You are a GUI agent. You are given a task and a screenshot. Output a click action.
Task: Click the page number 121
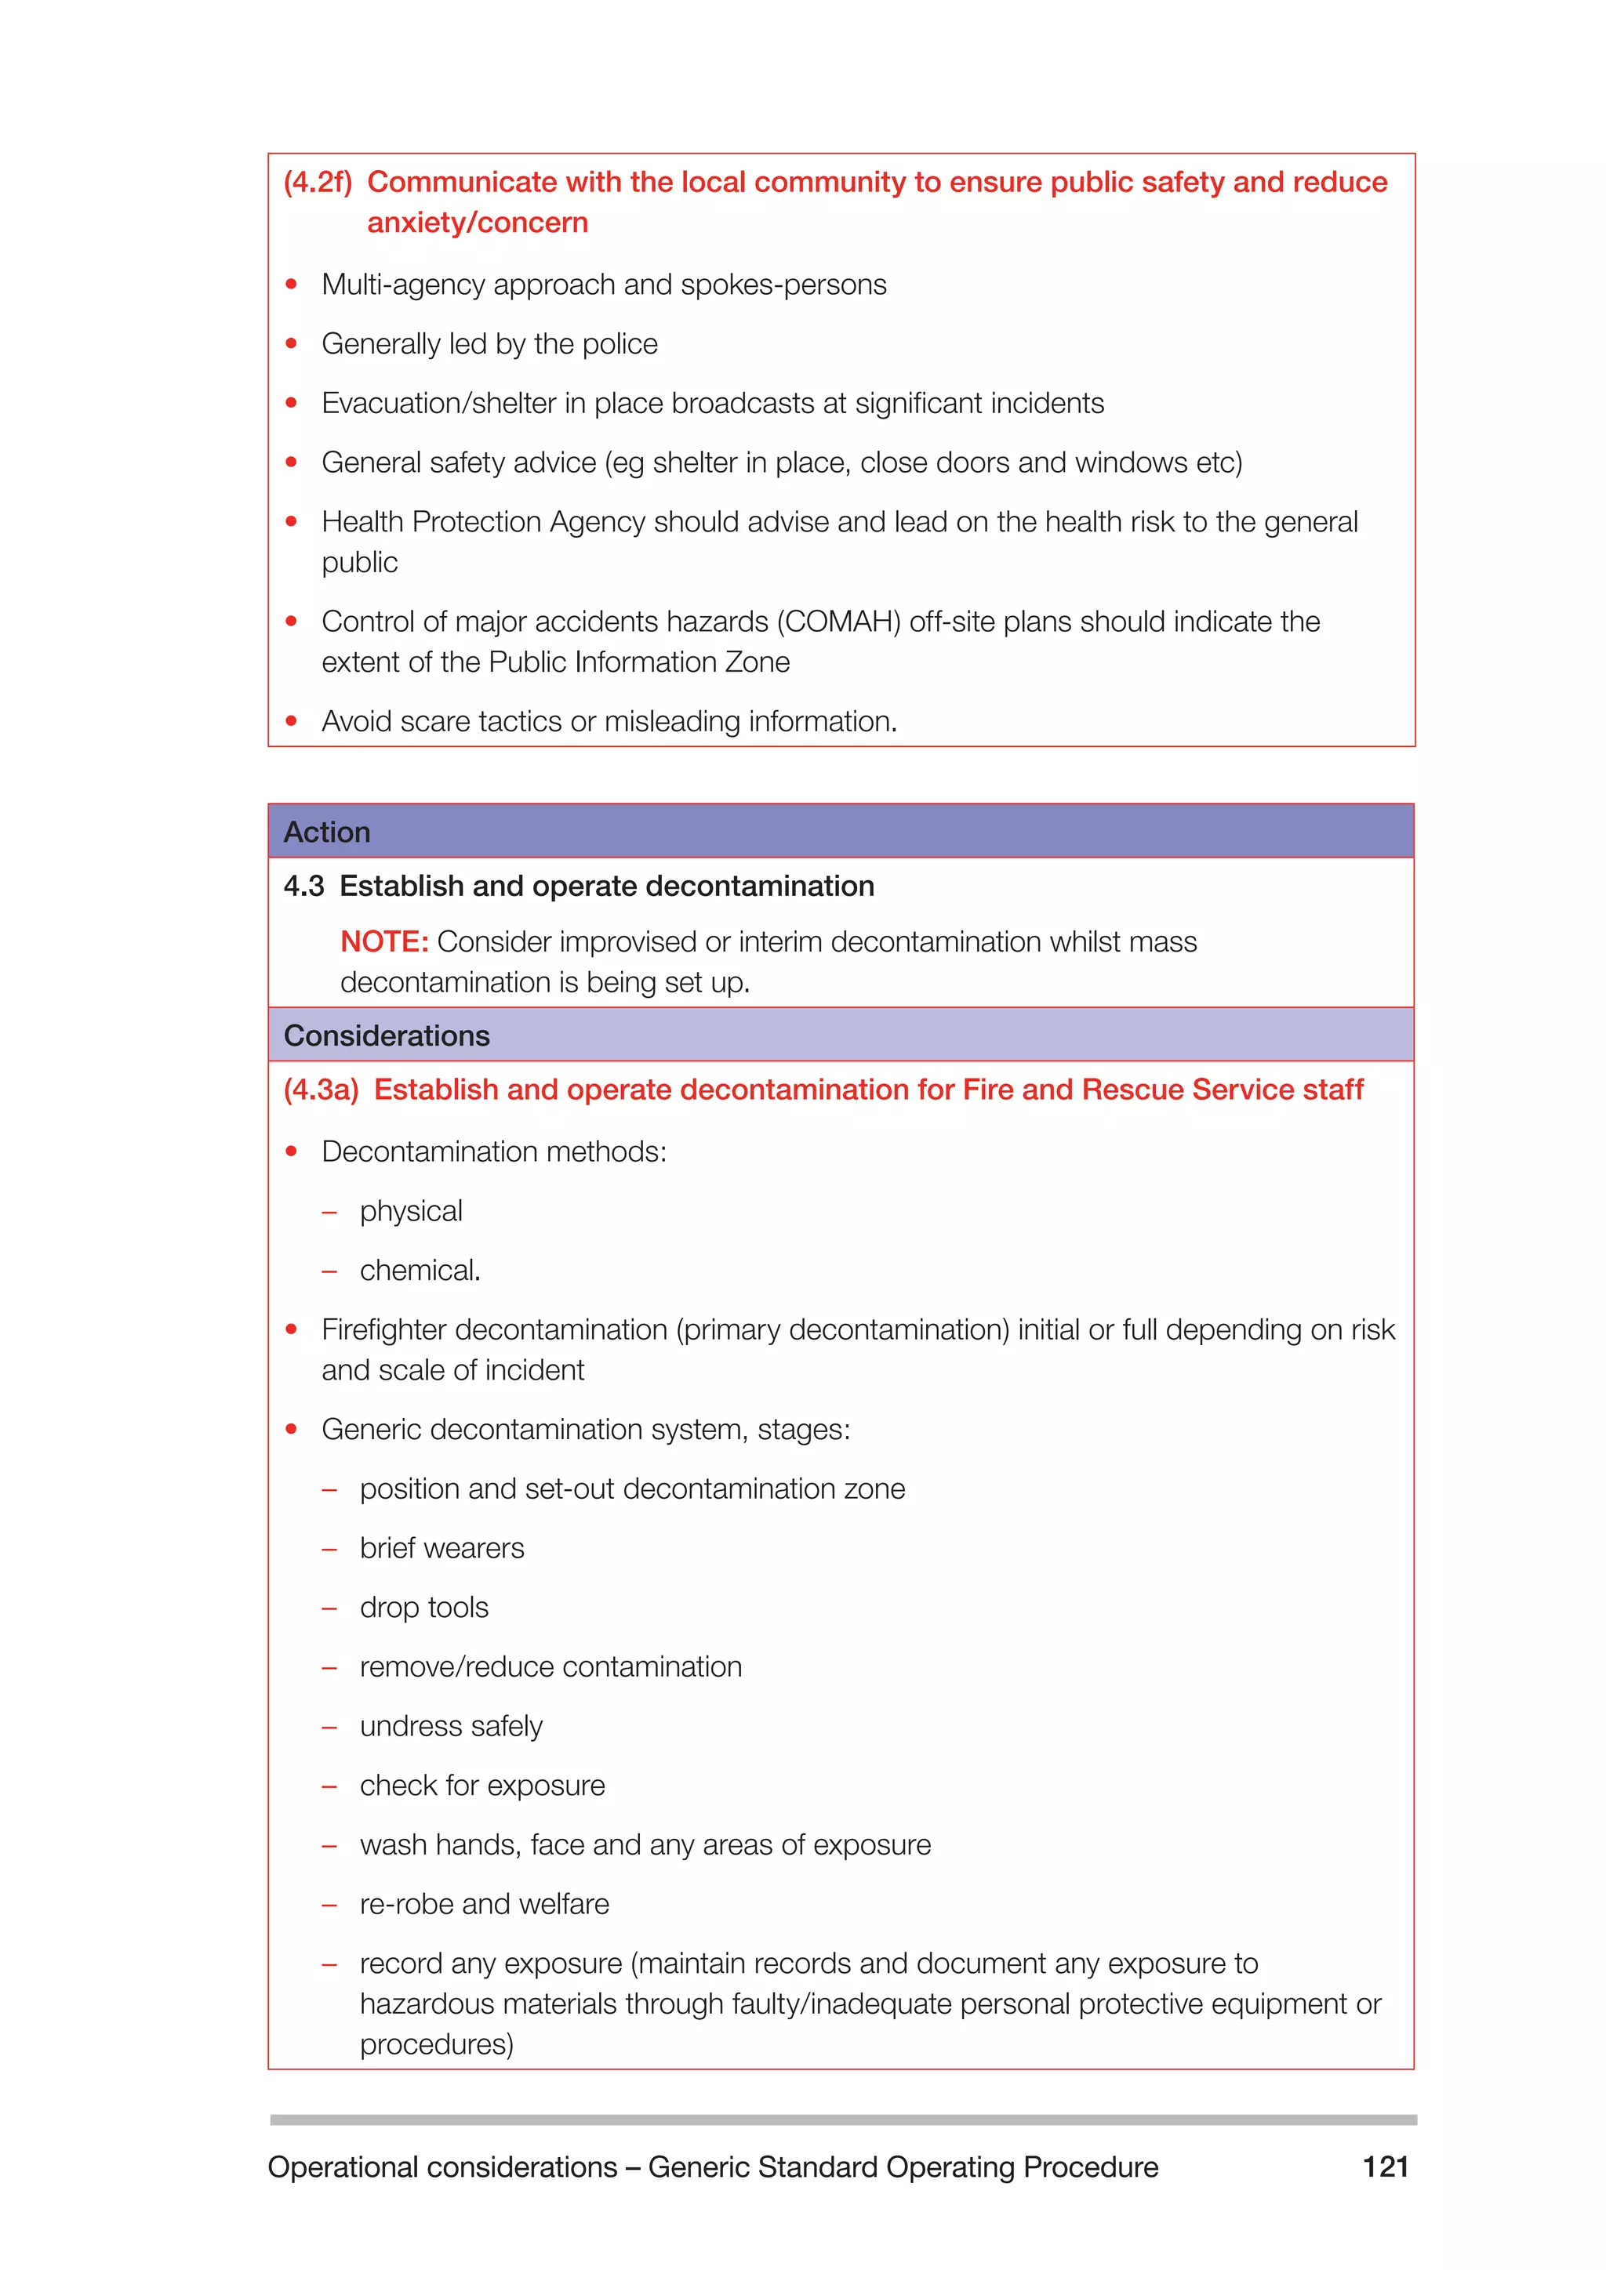tap(1385, 2167)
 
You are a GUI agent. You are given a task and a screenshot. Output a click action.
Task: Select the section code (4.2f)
tap(318, 182)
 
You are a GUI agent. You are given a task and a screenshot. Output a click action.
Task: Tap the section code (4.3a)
tap(321, 1090)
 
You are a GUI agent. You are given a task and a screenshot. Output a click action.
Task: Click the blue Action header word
tap(326, 832)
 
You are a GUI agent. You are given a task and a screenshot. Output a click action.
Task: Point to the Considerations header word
tap(387, 1036)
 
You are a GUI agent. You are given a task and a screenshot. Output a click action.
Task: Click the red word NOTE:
tap(383, 941)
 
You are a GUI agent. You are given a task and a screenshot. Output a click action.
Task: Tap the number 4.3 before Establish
tap(303, 886)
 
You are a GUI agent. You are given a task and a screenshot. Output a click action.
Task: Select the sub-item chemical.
tap(420, 1271)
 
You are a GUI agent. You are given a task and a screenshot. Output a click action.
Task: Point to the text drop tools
tap(423, 1608)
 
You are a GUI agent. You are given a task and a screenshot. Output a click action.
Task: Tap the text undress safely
tap(451, 1726)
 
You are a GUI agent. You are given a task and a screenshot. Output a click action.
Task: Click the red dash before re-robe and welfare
tap(329, 1904)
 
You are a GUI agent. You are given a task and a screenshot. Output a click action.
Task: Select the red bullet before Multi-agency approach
tap(291, 285)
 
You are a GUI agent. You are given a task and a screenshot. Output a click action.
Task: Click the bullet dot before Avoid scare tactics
tap(291, 722)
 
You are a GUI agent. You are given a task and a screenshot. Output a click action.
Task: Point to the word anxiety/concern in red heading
tap(477, 223)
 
